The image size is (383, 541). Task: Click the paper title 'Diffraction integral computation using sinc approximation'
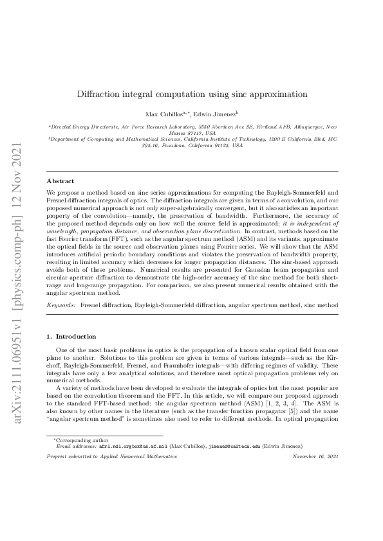(191, 93)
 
